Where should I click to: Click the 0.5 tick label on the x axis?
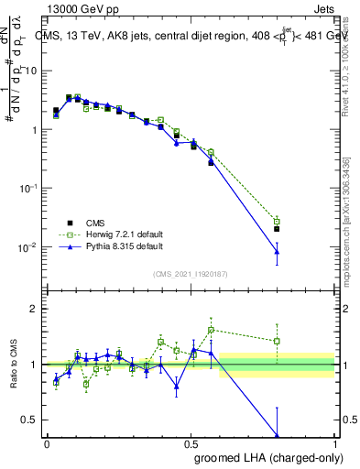coord(191,443)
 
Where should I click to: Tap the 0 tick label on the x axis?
coord(47,443)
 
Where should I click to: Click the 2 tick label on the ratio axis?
coord(35,309)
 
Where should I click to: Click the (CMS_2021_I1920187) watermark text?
coord(191,273)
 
